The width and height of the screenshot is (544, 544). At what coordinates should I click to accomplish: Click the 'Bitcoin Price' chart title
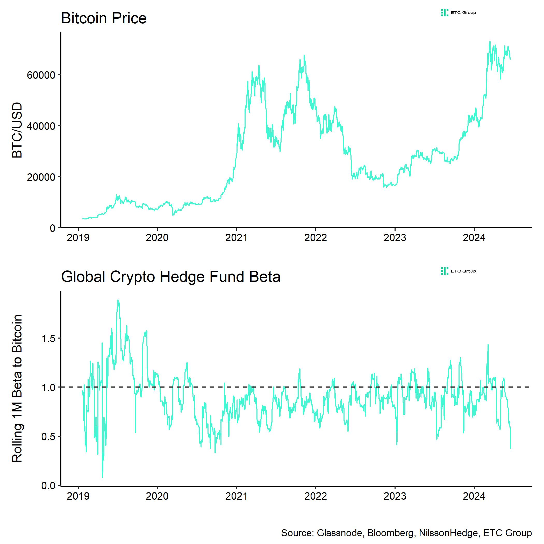tap(104, 19)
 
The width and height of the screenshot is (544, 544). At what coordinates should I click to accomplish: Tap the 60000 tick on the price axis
tap(41, 75)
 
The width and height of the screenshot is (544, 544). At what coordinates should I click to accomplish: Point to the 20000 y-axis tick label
tap(41, 177)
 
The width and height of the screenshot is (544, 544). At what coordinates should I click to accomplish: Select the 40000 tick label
tap(41, 126)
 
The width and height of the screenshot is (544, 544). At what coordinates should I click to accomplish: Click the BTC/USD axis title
tap(17, 130)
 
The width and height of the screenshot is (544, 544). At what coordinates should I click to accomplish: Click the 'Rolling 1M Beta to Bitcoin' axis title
tap(17, 389)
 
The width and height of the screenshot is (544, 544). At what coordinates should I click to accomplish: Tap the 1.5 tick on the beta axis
tap(48, 339)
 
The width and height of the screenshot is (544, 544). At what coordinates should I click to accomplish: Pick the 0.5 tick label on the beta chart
tap(48, 437)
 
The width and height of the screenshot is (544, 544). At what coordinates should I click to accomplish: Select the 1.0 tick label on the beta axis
tap(48, 388)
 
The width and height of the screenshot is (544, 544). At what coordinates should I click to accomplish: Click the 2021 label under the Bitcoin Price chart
tap(236, 238)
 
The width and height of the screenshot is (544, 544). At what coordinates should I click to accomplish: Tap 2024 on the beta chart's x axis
tap(474, 496)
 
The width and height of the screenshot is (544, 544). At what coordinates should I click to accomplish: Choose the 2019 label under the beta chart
tap(78, 496)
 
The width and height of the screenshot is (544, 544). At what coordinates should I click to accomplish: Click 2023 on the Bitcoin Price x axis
tap(395, 238)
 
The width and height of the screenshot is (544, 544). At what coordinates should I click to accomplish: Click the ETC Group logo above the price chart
tap(458, 13)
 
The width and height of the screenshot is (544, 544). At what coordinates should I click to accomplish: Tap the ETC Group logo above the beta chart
tap(458, 271)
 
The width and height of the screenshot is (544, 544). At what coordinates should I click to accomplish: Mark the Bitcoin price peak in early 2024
tap(490, 42)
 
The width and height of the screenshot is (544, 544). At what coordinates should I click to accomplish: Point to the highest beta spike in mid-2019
tap(118, 300)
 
